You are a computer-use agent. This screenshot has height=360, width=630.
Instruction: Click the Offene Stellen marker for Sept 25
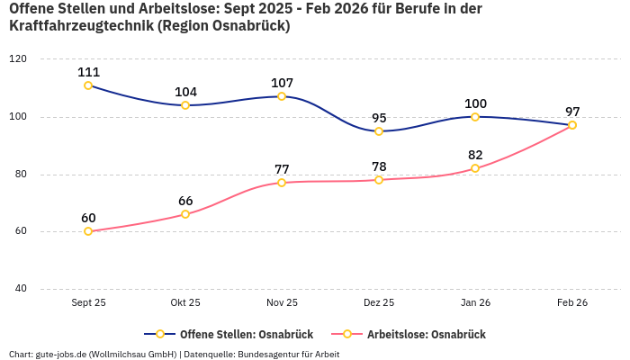[x=88, y=85]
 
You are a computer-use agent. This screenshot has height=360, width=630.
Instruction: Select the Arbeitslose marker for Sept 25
[x=88, y=231]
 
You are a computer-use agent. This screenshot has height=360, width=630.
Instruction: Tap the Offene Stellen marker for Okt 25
[x=185, y=105]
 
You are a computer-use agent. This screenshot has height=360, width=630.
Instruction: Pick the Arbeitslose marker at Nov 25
[x=282, y=183]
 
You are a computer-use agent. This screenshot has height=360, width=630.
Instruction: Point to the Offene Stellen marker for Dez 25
[x=379, y=131]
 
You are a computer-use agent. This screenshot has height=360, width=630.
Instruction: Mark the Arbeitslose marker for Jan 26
[x=475, y=168]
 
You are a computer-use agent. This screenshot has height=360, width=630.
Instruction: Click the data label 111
[x=88, y=72]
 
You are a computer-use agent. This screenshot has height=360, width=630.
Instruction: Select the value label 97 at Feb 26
[x=572, y=112]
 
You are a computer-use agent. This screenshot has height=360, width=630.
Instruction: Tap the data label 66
[x=185, y=201]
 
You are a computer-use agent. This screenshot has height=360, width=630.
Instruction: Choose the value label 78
[x=379, y=166]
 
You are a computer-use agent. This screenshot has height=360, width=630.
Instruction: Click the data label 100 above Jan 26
[x=475, y=103]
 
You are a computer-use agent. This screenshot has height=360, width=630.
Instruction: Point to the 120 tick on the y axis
[x=18, y=59]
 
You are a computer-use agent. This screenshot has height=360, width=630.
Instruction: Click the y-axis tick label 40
[x=20, y=289]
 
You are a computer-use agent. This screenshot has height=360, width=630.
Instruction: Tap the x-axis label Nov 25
[x=282, y=303]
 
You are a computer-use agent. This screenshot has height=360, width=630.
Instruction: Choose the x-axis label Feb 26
[x=572, y=303]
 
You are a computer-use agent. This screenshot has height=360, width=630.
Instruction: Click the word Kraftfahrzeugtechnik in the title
[x=80, y=26]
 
